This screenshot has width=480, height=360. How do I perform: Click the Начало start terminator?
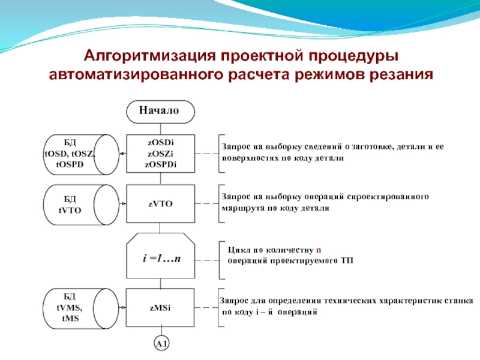(x=160, y=111)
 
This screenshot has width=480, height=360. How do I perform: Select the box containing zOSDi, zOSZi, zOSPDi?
(x=160, y=153)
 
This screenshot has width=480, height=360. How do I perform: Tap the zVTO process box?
(x=160, y=204)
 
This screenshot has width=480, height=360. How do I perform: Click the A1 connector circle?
(x=160, y=344)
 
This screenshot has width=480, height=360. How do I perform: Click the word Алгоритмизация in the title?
(x=151, y=56)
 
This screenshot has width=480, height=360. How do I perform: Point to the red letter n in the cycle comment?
(x=319, y=249)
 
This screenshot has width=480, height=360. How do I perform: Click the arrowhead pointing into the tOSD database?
(x=122, y=153)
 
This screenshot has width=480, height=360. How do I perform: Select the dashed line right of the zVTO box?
(x=207, y=204)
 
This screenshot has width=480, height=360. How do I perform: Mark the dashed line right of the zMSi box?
(x=207, y=308)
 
